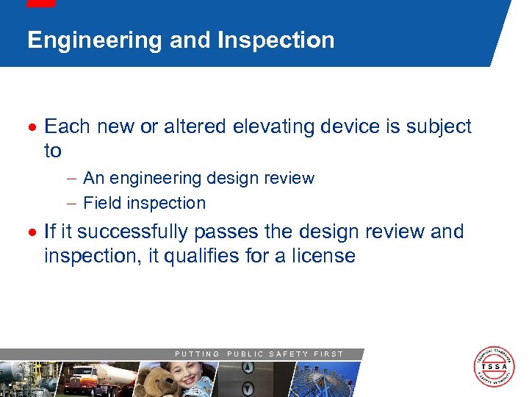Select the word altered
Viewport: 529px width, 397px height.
click(x=195, y=126)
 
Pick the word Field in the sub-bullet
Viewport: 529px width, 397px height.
click(x=101, y=203)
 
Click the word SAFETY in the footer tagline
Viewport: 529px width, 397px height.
click(x=289, y=354)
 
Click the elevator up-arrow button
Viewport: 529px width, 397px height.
click(x=248, y=370)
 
